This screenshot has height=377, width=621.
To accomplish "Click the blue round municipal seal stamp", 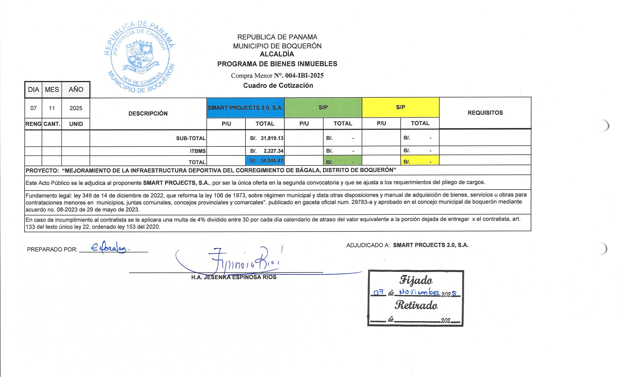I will pyautogui.click(x=140, y=57).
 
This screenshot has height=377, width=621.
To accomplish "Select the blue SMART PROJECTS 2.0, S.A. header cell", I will pyautogui.click(x=245, y=108).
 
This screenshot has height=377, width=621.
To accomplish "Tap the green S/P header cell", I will pyautogui.click(x=323, y=107).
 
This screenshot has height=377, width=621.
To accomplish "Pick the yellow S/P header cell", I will pyautogui.click(x=400, y=107).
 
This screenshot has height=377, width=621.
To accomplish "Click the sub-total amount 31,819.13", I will pyautogui.click(x=272, y=138).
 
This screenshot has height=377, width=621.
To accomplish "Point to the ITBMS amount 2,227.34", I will pyautogui.click(x=273, y=151).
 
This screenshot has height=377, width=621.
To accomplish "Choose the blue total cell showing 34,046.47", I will pyautogui.click(x=265, y=160).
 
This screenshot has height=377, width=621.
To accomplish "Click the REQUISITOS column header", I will pyautogui.click(x=485, y=113).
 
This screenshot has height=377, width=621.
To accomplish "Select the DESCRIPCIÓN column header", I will pyautogui.click(x=148, y=113).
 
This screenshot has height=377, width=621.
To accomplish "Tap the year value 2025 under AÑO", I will pyautogui.click(x=76, y=108).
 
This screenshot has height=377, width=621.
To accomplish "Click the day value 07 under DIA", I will pyautogui.click(x=33, y=108).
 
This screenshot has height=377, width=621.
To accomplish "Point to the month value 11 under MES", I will pyautogui.click(x=52, y=108).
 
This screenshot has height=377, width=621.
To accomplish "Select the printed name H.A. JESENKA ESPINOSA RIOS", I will pyautogui.click(x=234, y=277).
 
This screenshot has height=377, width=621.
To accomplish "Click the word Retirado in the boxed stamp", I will pyautogui.click(x=416, y=305).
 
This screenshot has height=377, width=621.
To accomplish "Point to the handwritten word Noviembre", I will pyautogui.click(x=419, y=292).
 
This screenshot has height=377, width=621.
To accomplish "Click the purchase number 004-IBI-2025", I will pyautogui.click(x=304, y=75).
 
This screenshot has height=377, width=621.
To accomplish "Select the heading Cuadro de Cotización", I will pyautogui.click(x=278, y=85).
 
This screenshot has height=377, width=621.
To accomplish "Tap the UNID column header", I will pyautogui.click(x=76, y=124).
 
